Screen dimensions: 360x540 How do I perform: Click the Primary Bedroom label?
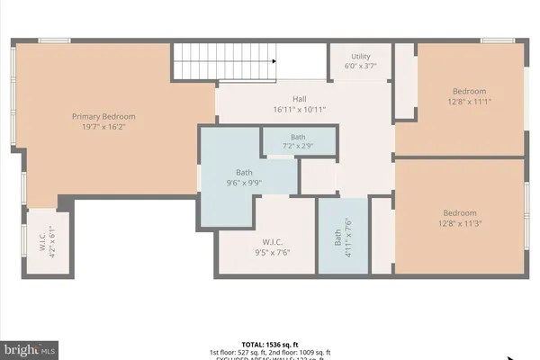pyautogui.click(x=103, y=116)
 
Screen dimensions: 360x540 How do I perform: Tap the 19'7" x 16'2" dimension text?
pyautogui.click(x=103, y=128)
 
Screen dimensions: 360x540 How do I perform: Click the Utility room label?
pyautogui.click(x=360, y=55)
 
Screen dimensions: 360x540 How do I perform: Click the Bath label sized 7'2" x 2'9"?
pyautogui.click(x=298, y=137)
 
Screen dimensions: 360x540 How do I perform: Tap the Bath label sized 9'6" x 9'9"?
pyautogui.click(x=244, y=172)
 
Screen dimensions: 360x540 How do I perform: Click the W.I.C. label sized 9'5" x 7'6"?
pyautogui.click(x=274, y=242)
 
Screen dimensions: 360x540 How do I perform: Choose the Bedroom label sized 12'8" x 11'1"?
pyautogui.click(x=469, y=91)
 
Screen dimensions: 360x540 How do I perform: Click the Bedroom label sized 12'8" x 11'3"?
pyautogui.click(x=461, y=212)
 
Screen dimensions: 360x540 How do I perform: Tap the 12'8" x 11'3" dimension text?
pyautogui.click(x=461, y=223)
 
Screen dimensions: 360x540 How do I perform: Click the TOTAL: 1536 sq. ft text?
pyautogui.click(x=269, y=343)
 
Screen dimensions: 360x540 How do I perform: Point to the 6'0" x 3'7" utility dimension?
pyautogui.click(x=360, y=66)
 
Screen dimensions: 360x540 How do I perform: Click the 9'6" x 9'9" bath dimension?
pyautogui.click(x=244, y=183)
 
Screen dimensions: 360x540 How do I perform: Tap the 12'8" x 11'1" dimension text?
pyautogui.click(x=469, y=102)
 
